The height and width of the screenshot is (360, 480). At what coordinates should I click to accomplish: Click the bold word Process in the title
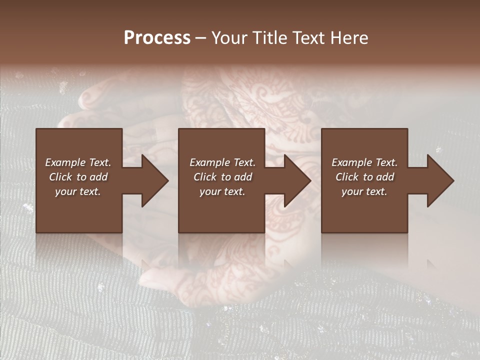click(x=157, y=38)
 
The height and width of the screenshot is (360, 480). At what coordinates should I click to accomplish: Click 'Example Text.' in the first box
click(x=78, y=162)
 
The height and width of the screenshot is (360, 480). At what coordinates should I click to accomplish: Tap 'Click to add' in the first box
click(x=78, y=177)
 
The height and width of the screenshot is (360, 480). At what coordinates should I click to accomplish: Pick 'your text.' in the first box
click(x=78, y=191)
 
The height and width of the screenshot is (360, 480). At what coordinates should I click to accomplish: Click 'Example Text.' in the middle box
click(x=222, y=162)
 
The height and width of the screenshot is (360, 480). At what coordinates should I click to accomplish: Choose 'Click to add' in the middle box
click(x=222, y=177)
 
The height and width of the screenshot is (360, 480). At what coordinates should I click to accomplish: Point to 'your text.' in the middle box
click(x=222, y=191)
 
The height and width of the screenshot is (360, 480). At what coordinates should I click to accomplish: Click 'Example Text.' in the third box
click(x=364, y=162)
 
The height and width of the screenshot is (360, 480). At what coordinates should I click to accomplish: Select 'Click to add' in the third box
click(x=364, y=177)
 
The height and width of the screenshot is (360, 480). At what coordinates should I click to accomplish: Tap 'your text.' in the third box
click(x=364, y=191)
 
